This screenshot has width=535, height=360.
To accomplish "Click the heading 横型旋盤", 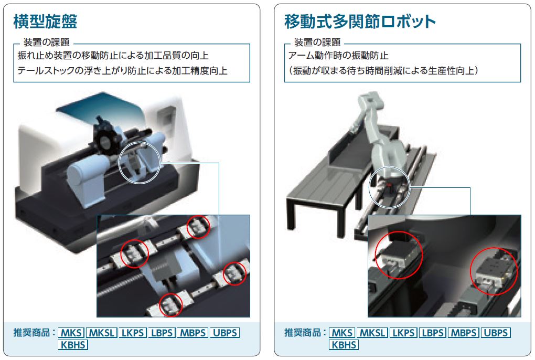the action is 45,22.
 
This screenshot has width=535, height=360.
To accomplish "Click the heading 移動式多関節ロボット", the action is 360,22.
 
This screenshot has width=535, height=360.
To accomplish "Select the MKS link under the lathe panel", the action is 71,333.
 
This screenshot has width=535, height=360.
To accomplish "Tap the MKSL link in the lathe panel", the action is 102,333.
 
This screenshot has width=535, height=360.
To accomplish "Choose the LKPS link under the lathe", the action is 133,333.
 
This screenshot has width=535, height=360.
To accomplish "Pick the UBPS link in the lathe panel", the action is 225,333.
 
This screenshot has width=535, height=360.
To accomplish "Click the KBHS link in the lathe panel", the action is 73,345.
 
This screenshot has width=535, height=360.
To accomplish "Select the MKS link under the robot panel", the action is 342,333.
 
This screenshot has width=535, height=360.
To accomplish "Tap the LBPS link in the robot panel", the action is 433,333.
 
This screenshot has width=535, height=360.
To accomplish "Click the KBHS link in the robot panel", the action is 344,345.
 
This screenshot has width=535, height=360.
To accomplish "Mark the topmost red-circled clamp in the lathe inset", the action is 198,227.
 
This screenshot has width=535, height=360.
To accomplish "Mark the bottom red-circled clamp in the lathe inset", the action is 170,305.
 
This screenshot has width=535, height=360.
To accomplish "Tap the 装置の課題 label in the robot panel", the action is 317,43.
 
